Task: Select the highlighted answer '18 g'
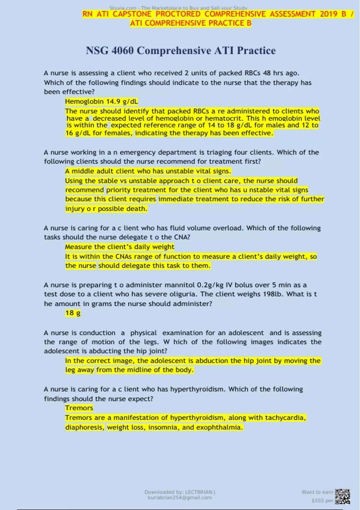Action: (73, 313)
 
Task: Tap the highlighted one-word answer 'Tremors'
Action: (79, 408)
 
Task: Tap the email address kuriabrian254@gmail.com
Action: (180, 497)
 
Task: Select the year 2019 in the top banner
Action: (328, 14)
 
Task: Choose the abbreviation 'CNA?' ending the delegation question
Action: (182, 237)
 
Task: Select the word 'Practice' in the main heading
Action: (256, 50)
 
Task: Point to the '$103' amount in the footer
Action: (318, 500)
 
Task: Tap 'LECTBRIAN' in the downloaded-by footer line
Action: (199, 492)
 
